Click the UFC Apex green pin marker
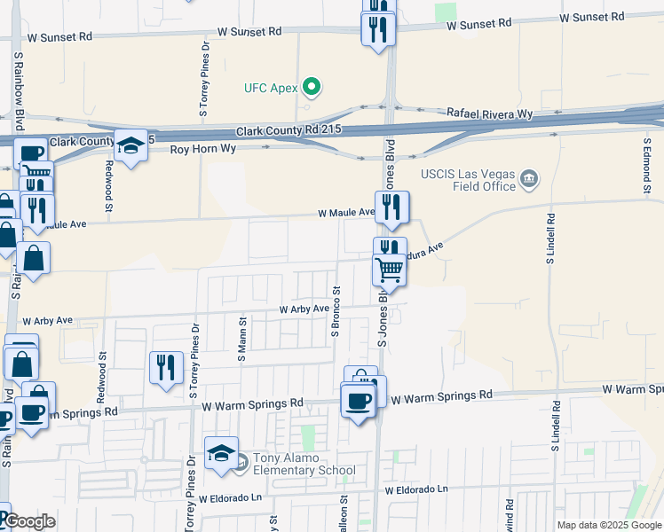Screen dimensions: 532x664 tap(311, 87)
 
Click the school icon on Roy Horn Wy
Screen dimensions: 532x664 tap(130, 145)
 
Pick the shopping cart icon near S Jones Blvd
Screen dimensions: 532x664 tap(389, 270)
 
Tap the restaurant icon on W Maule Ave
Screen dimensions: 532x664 tap(391, 207)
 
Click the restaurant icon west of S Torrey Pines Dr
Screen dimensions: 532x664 tap(166, 368)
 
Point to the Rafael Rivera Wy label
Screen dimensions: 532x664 tap(489, 114)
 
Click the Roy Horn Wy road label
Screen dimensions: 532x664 tap(205, 150)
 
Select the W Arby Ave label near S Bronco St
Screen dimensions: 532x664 tap(304, 309)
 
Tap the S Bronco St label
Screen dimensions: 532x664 tap(336, 311)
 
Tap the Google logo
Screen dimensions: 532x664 tap(29, 522)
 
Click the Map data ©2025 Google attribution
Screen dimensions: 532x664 tap(610, 525)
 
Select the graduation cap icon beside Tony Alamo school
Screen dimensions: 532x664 tap(221, 454)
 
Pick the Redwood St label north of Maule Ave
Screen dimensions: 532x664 tap(108, 177)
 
